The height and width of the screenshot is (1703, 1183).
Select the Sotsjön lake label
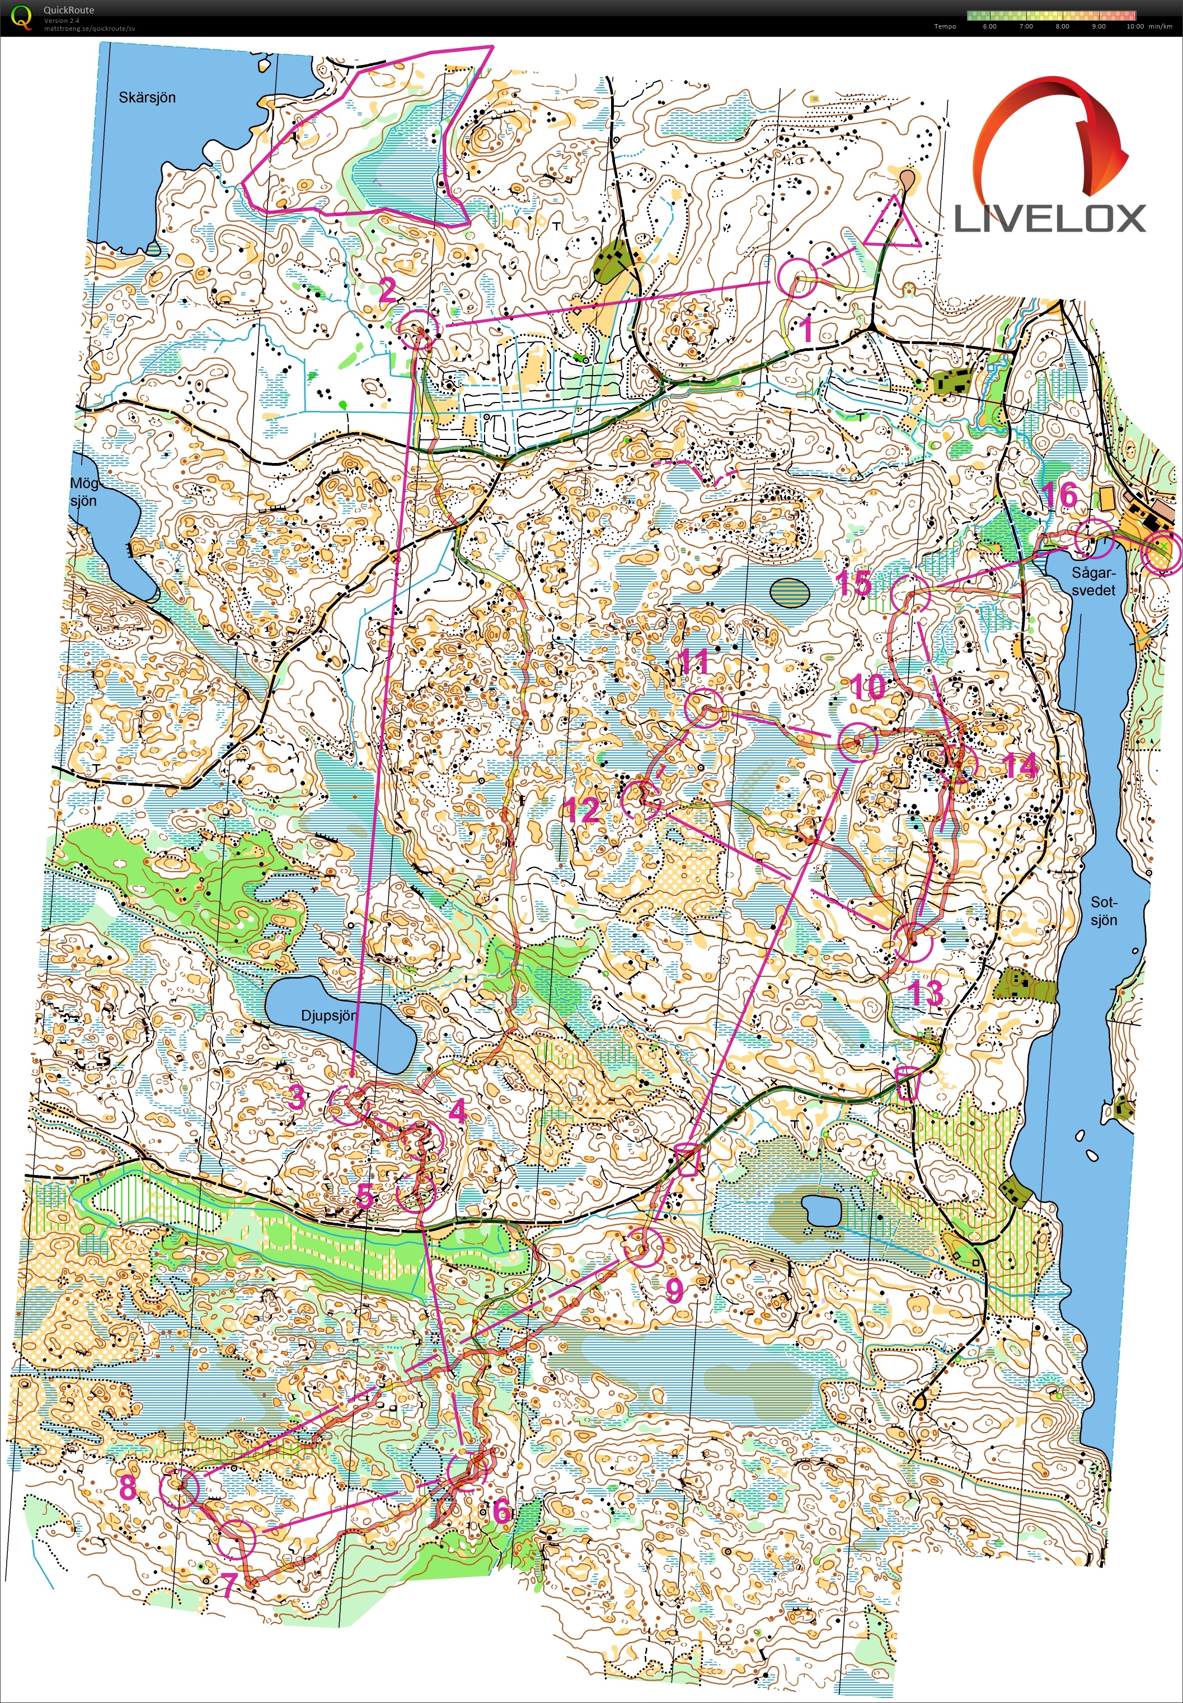pyautogui.click(x=1103, y=911)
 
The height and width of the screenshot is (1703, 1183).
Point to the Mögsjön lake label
pyautogui.click(x=84, y=492)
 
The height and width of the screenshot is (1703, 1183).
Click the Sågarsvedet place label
pyautogui.click(x=1093, y=581)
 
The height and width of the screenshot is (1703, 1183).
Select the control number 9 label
pyautogui.click(x=674, y=1289)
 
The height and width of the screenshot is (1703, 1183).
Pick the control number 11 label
pyautogui.click(x=694, y=661)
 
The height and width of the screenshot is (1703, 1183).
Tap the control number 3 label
pyautogui.click(x=297, y=1096)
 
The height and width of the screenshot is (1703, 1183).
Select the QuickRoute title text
pyautogui.click(x=68, y=10)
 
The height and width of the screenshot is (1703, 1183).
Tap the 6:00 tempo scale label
pyautogui.click(x=989, y=27)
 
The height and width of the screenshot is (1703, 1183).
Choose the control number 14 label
pyautogui.click(x=1020, y=766)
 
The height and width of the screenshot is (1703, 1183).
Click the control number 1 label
pyautogui.click(x=806, y=329)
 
